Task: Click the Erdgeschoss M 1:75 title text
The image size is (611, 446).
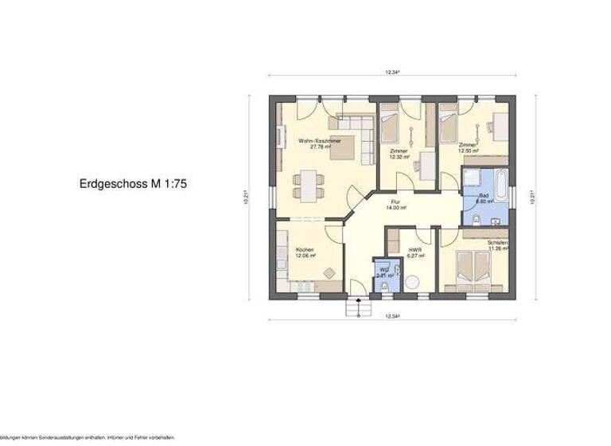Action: pyautogui.click(x=134, y=183)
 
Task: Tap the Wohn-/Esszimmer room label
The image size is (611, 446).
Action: pyautogui.click(x=320, y=140)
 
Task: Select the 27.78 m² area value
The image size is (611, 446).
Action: pyautogui.click(x=320, y=147)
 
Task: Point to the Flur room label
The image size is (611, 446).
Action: pyautogui.click(x=395, y=202)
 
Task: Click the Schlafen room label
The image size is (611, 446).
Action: pyautogui.click(x=498, y=242)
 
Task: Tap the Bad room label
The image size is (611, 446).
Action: pyautogui.click(x=485, y=196)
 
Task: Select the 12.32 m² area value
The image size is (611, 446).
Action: pyautogui.click(x=399, y=157)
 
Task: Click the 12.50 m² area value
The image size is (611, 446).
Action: pyautogui.click(x=468, y=151)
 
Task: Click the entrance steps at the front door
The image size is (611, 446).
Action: pyautogui.click(x=359, y=306)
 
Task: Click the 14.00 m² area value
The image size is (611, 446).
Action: pyautogui.click(x=395, y=208)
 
